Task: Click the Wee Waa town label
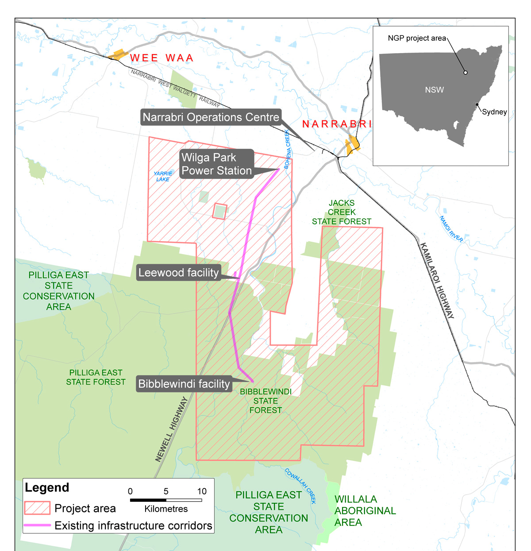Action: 162,58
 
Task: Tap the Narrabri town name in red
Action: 337,124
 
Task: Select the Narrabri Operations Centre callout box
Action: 211,117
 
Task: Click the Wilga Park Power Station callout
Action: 216,164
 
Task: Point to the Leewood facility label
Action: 179,273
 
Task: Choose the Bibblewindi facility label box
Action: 184,384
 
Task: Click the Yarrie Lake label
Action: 163,177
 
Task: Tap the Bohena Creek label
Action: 287,149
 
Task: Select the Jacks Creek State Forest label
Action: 342,212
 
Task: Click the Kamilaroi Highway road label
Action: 437,281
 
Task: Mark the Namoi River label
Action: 451,229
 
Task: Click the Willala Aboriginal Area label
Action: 365,511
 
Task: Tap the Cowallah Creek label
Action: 300,485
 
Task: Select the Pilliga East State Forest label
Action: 96,378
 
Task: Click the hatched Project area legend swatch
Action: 37,508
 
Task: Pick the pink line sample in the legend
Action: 37,525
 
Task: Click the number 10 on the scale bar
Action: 202,491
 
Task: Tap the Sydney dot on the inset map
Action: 477,105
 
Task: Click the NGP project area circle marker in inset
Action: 466,73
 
